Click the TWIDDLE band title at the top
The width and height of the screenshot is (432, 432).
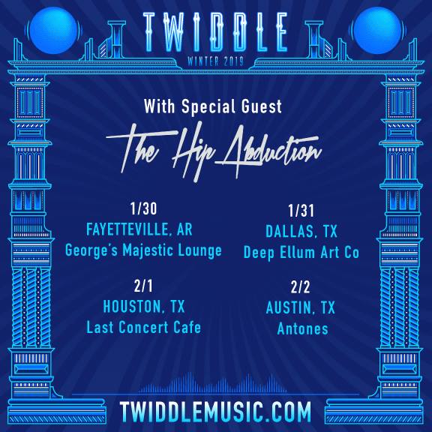coord(215,32)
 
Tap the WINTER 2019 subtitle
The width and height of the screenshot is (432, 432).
coord(215,61)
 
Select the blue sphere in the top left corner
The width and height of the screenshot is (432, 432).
coord(53,30)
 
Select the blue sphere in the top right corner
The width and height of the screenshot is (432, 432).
coord(377,30)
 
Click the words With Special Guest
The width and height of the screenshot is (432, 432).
coord(213,106)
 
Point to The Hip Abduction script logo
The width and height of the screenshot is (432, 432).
coord(214,151)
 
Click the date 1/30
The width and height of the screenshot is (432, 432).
coord(143,208)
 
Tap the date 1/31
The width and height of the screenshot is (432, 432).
coord(301,211)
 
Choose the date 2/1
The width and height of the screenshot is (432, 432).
coord(143,286)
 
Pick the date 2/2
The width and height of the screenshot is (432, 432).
coord(300,287)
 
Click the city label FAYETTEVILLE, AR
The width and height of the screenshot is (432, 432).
coord(139,229)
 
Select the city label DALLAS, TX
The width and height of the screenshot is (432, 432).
coord(301,231)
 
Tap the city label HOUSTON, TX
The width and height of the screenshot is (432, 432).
coord(143,306)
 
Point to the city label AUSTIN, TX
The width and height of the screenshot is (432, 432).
coord(301,307)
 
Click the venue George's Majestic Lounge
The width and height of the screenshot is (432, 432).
coord(143,251)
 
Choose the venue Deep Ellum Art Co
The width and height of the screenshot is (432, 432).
coord(301,253)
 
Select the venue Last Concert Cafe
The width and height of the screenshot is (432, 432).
coord(143,327)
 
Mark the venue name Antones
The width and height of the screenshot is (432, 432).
coord(302,328)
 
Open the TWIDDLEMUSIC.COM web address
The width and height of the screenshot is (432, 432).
coord(215,412)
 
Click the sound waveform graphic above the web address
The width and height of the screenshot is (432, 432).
coord(212,383)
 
